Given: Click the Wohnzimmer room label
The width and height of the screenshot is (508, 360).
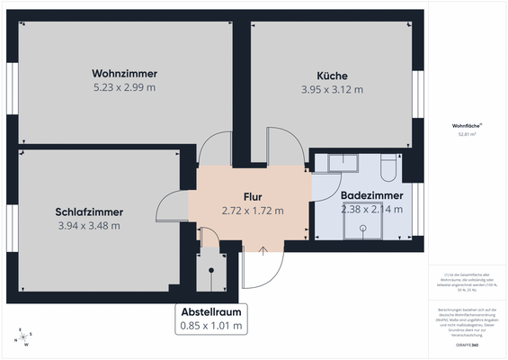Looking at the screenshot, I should click(125, 73).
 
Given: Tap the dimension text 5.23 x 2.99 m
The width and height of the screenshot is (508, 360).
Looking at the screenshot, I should click(125, 87).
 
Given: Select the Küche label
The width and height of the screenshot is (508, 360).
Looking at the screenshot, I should click(332, 76).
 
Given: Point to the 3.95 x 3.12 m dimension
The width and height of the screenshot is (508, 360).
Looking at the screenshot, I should click(332, 89).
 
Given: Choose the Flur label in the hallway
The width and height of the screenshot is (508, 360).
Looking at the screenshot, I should click(252, 196).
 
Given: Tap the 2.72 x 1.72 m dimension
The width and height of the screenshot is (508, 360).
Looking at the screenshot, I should click(253, 211).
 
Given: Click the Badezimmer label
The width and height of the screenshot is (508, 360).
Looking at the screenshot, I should click(371, 194).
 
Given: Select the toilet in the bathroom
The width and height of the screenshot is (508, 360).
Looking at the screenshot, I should click(388, 169).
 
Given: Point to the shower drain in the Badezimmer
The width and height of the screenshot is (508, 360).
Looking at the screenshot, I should click(362, 227).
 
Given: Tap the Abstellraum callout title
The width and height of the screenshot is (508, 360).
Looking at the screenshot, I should click(211, 312).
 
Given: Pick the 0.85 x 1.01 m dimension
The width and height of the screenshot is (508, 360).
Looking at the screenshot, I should click(211, 326).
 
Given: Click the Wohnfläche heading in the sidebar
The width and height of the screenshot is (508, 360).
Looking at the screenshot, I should click(467, 126).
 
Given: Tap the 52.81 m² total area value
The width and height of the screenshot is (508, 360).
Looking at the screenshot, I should click(467, 134).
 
